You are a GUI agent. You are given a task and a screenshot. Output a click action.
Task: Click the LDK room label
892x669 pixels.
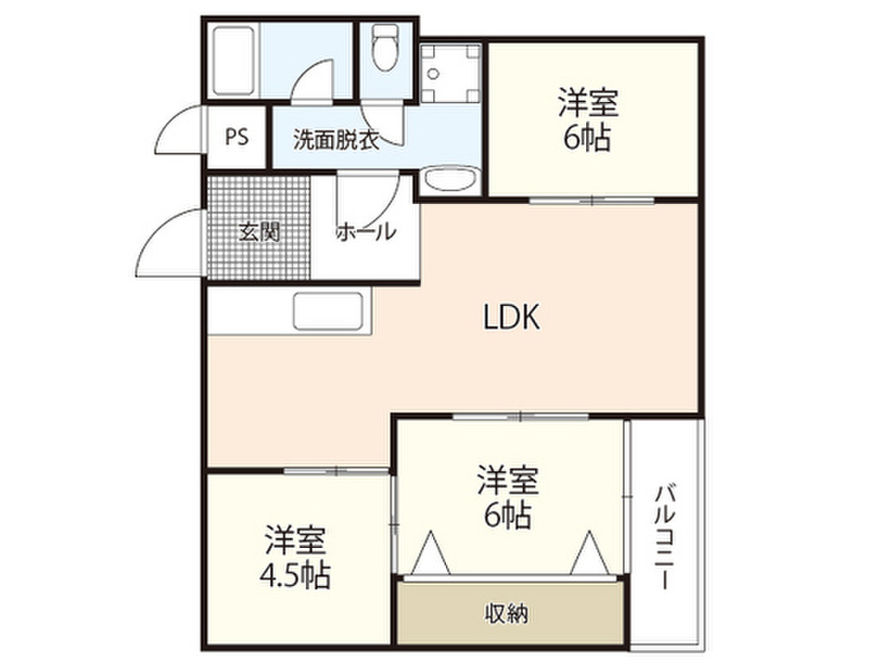point(513,319)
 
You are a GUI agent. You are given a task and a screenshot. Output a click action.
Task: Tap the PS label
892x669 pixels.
point(236,137)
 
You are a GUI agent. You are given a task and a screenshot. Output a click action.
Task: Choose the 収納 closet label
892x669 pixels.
point(506,613)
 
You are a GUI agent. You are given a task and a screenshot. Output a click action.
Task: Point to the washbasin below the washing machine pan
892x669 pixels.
point(449,181)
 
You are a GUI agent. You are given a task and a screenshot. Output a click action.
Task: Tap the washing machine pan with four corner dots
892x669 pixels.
point(449,74)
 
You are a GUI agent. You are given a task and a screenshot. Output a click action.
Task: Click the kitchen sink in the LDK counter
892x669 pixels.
point(328,311)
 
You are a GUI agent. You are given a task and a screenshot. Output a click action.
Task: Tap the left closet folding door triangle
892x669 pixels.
point(431,553)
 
